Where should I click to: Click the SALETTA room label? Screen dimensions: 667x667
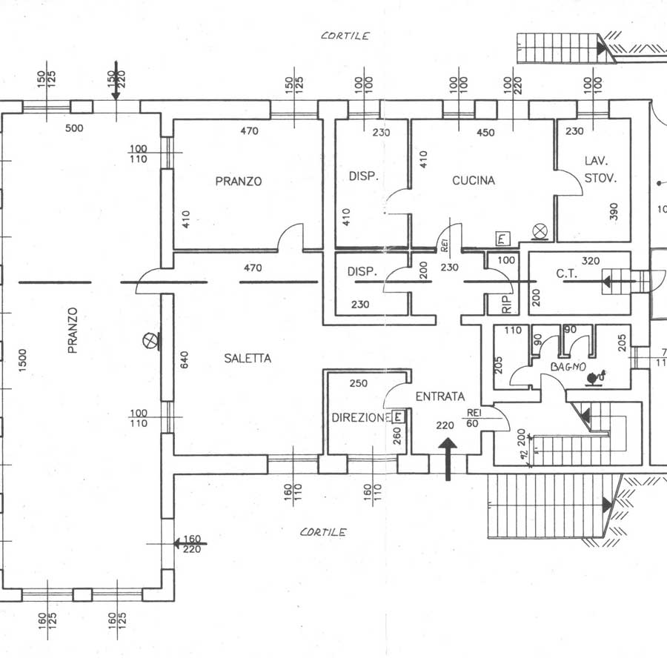pos(248,358)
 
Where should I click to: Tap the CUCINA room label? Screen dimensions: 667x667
pos(474,180)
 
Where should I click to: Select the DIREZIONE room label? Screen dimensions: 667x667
pos(361,418)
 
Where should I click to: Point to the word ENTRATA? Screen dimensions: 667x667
pos(439,396)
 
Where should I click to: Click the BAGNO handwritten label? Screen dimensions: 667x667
pos(568,367)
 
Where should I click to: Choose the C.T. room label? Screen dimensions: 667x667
pos(565,273)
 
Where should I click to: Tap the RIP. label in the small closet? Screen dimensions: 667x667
pos(507,304)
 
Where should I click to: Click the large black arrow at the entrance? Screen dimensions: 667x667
pos(448,459)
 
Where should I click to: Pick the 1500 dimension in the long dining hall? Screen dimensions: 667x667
pos(22,360)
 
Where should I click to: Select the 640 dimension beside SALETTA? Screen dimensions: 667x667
pos(185,359)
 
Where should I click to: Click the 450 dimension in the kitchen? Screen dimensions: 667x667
pos(485,133)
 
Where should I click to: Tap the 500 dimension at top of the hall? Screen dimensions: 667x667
pos(74,128)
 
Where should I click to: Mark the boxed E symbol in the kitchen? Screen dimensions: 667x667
pos(502,239)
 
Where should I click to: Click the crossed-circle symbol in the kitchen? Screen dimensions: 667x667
pos(540,232)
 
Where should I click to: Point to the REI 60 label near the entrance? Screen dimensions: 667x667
pos(473,418)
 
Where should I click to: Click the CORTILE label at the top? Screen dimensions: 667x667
pos(345,36)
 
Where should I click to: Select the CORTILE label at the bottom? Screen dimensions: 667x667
pos(323,532)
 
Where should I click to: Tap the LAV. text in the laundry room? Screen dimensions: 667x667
pos(597,161)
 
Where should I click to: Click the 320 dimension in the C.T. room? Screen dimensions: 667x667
pos(591,261)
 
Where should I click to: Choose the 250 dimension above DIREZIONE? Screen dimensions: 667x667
pos(359,383)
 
